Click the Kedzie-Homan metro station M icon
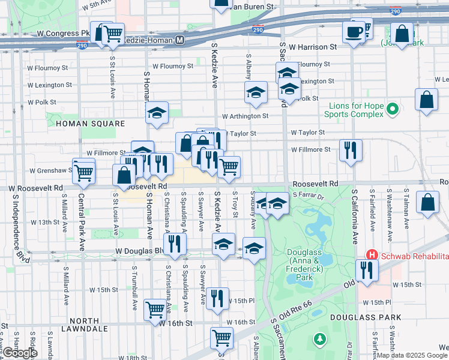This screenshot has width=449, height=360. (179, 40)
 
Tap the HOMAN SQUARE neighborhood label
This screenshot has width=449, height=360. (90, 124)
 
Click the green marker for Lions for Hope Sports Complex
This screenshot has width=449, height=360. (392, 109)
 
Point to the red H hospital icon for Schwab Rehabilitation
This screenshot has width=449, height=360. (372, 256)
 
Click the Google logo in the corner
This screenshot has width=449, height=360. (20, 353)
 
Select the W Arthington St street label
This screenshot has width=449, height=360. (245, 116)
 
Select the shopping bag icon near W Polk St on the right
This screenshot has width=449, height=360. (426, 100)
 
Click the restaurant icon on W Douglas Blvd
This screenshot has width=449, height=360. (175, 244)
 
